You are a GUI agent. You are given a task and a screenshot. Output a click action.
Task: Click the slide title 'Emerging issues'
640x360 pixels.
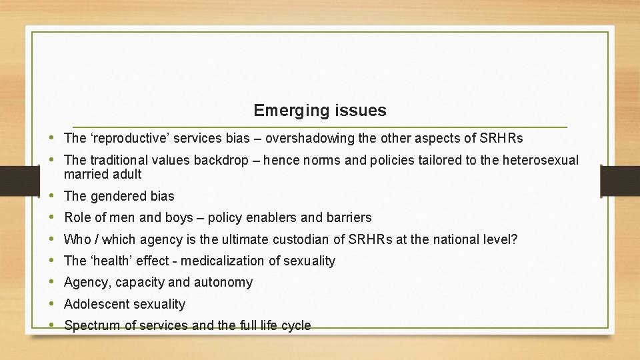pos(319,110)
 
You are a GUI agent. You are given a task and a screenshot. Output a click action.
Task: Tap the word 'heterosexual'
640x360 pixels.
pos(540,161)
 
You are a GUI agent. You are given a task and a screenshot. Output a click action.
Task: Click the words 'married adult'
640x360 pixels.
pos(103,174)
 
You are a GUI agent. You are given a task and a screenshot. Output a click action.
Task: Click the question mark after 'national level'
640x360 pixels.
pos(515,239)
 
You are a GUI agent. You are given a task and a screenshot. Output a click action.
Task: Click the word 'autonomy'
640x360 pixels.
pos(223,283)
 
